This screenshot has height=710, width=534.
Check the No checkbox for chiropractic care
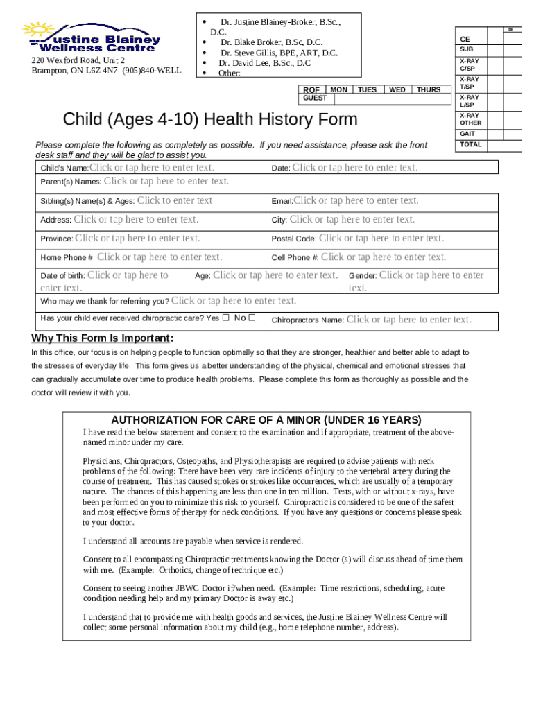(x=252, y=318)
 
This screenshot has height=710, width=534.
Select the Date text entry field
(x=355, y=168)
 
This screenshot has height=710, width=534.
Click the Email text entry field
(x=356, y=201)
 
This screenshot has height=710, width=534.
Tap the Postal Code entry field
(x=381, y=239)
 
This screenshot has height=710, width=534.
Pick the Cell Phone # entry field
(x=384, y=257)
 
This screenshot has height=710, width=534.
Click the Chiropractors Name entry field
(x=408, y=320)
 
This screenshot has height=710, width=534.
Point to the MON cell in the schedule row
(x=339, y=90)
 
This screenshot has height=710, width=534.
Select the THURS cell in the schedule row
(x=429, y=90)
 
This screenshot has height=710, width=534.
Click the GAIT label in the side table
(x=467, y=134)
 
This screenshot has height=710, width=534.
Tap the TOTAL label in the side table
(x=470, y=145)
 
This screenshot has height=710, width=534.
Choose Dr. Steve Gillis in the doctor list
(x=279, y=53)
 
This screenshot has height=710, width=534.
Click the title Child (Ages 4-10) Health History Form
(x=210, y=119)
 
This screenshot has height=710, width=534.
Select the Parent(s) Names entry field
(x=166, y=182)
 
